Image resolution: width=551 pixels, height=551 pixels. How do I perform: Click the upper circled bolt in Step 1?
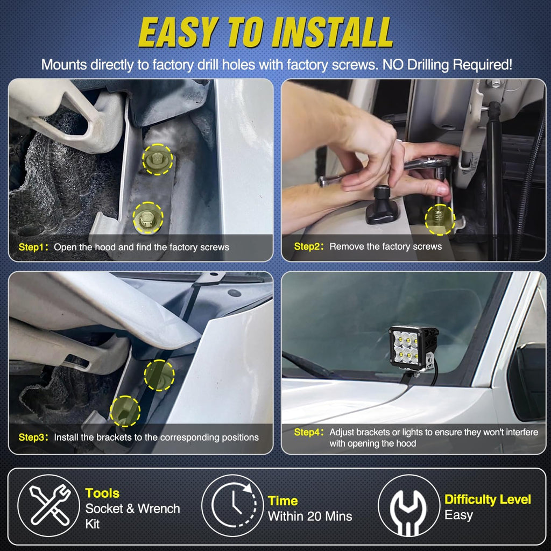coord(158,159)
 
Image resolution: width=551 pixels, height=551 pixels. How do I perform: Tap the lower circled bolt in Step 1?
coord(147,218)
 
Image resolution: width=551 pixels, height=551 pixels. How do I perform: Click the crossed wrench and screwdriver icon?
coord(49,505)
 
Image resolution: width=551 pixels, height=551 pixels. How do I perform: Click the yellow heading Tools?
coord(102,493)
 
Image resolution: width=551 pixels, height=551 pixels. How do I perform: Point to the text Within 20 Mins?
coord(310,516)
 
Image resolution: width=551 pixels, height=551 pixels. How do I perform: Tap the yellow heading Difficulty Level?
coord(488,500)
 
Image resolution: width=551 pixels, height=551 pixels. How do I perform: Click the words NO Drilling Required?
coord(447,65)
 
